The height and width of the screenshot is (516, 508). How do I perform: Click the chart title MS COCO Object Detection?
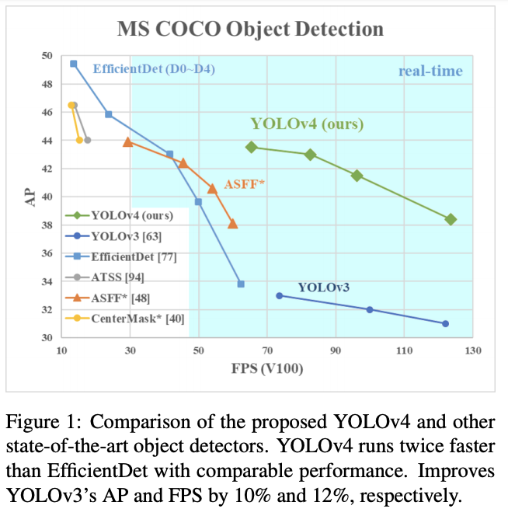coord(250,30)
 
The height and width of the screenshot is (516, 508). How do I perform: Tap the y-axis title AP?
coord(30,197)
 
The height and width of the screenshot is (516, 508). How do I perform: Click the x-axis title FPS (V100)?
coord(266,368)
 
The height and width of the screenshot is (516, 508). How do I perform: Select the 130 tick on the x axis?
coord(472,351)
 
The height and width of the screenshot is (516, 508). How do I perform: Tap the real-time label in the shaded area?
coord(430,71)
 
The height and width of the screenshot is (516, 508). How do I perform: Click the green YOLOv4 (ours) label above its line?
coord(307,124)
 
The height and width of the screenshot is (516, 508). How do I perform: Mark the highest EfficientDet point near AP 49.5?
coord(73,64)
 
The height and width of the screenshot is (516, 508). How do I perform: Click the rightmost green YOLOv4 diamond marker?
coord(451,220)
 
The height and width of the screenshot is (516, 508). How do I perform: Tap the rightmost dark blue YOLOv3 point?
coord(445,323)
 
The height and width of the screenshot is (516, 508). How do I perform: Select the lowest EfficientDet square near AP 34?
coord(241,284)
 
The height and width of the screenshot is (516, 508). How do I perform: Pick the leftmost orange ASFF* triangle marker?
coord(128,141)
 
